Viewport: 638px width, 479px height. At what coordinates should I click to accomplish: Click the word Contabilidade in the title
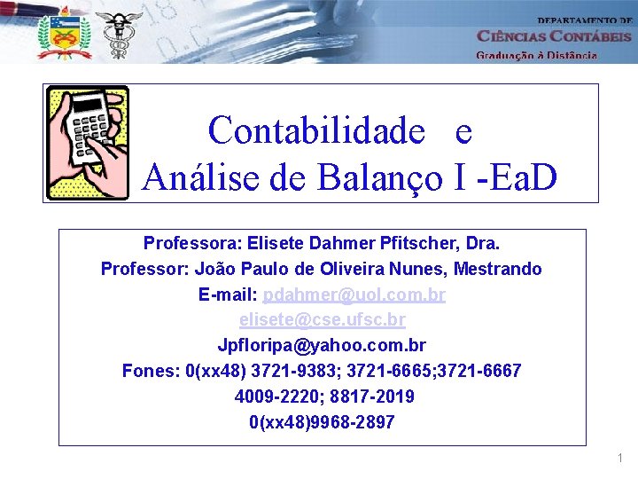pos(317,131)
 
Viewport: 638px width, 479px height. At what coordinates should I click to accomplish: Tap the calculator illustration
pos(88,143)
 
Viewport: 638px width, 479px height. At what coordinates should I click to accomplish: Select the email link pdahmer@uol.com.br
pos(354,294)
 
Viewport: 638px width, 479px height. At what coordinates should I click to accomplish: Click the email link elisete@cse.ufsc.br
pos(323,319)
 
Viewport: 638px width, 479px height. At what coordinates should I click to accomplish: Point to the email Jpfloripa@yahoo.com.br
pos(322,345)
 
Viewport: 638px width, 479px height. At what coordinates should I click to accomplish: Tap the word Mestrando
pos(498,269)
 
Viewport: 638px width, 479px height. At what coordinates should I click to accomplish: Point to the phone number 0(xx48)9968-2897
pos(322,422)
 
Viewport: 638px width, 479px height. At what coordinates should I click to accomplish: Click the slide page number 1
pos(620,458)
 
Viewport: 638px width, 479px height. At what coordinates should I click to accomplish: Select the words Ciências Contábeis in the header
pos(554,36)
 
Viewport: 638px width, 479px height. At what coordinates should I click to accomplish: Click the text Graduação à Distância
pos(537,55)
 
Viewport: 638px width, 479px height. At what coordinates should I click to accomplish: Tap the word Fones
pos(149,371)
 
